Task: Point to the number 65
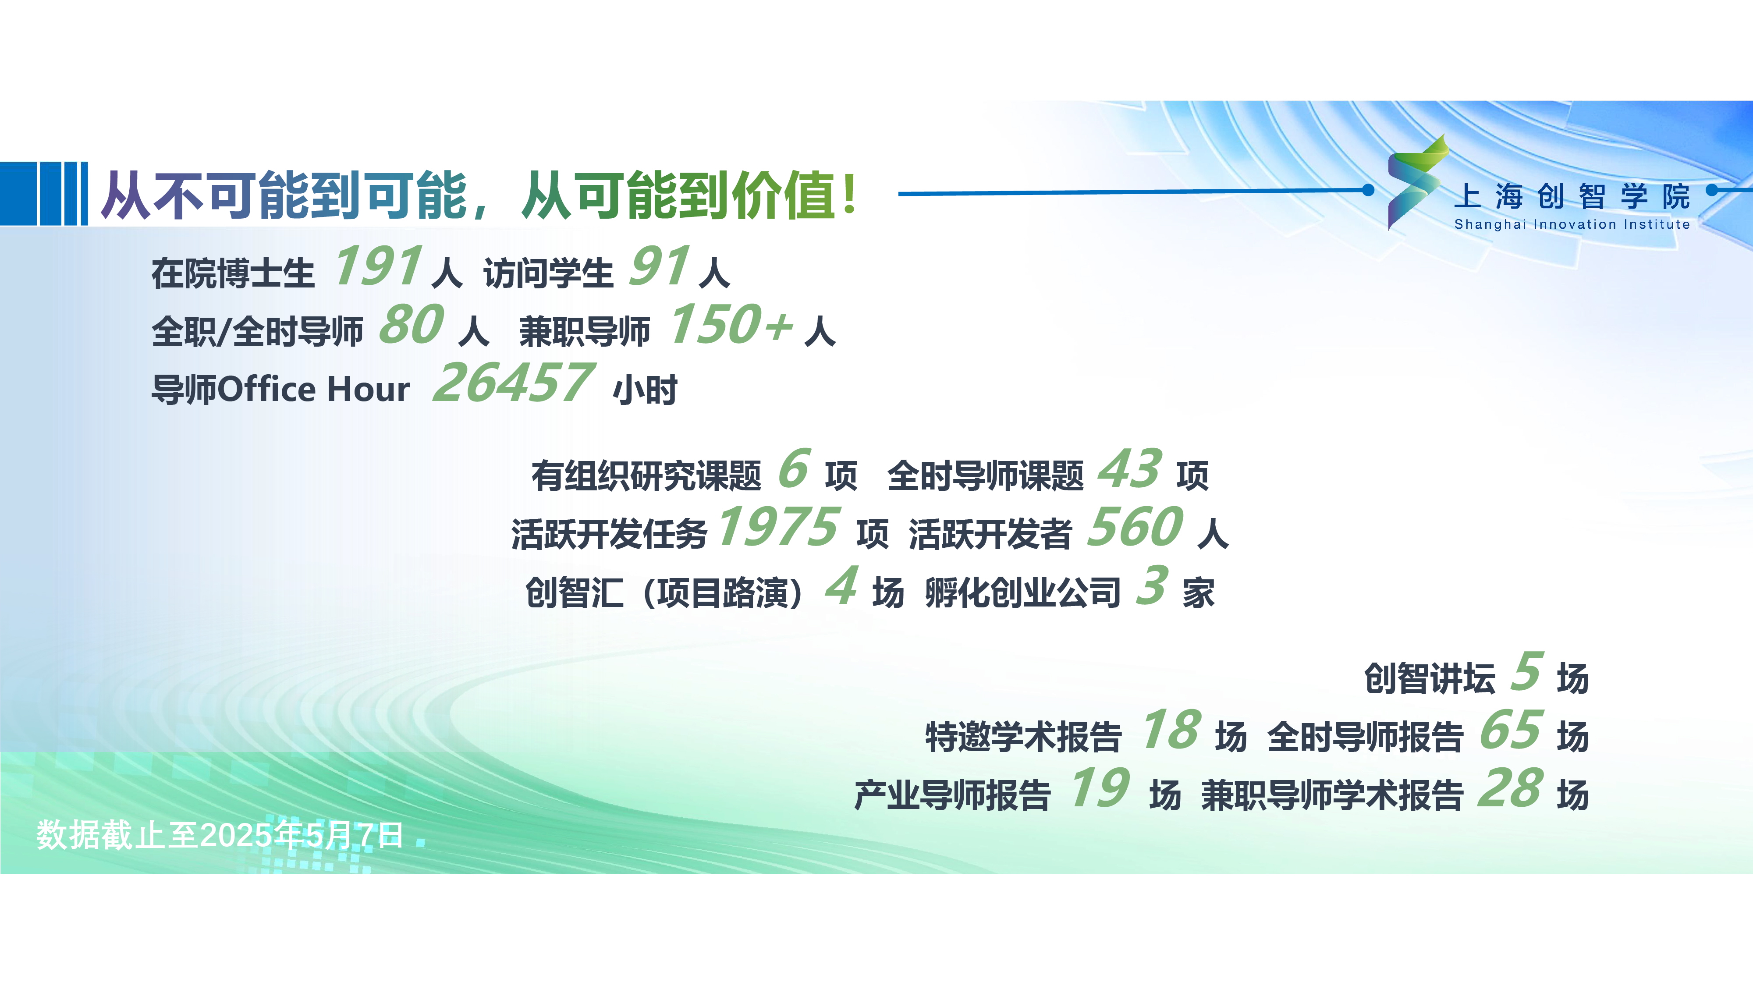coord(1511,730)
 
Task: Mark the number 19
coord(1100,788)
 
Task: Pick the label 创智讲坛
coord(1430,678)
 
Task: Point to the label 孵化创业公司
coord(1023,592)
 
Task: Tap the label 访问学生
coord(549,273)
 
